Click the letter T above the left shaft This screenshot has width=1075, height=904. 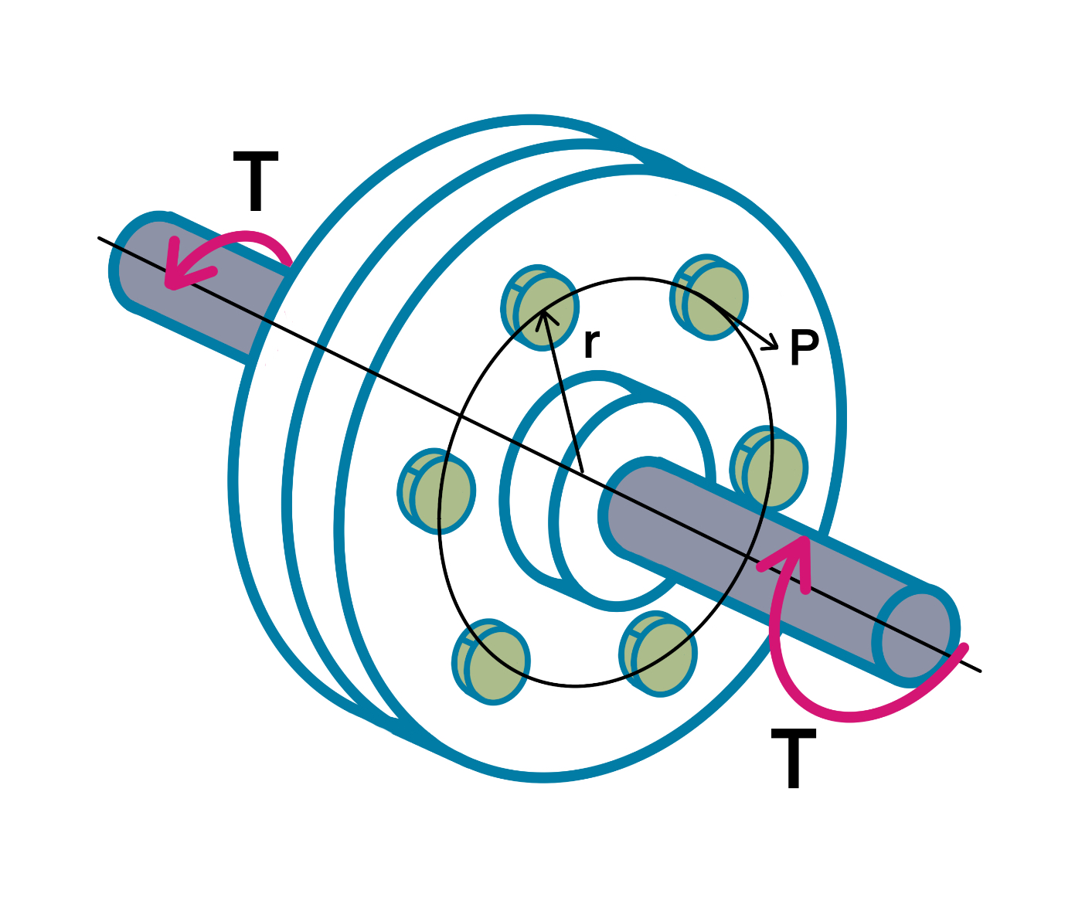coord(255,182)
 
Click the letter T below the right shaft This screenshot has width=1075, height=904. coord(794,760)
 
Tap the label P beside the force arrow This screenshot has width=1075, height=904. coord(804,348)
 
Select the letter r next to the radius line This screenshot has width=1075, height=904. coord(591,343)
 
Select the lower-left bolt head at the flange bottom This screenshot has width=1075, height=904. coord(492,661)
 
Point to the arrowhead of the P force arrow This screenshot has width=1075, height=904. coord(771,345)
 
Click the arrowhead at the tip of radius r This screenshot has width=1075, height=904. coord(545,315)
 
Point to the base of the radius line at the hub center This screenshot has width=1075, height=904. coord(580,471)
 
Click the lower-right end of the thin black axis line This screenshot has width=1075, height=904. coord(978,670)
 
